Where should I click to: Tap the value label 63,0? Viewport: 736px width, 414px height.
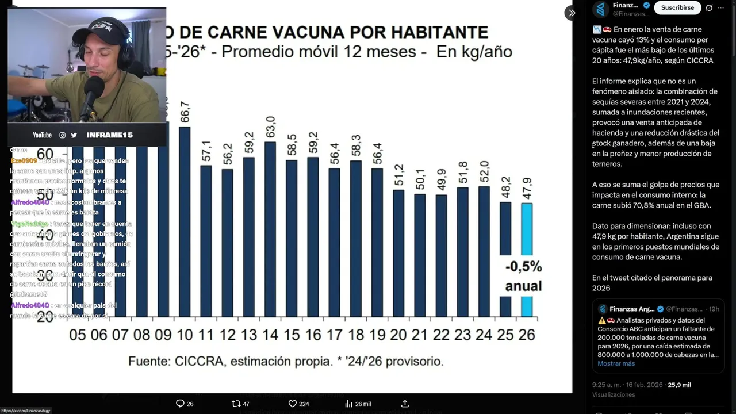tap(270, 127)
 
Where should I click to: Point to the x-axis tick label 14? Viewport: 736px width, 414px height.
tap(270, 335)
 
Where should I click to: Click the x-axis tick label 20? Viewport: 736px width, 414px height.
tap(398, 335)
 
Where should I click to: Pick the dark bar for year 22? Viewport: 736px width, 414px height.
tap(441, 256)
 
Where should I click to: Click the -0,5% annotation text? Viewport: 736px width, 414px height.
tap(523, 267)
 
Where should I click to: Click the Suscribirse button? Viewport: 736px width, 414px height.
tap(677, 7)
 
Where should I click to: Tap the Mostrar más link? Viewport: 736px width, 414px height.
tap(616, 363)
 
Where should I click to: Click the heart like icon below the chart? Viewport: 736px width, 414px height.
tap(292, 404)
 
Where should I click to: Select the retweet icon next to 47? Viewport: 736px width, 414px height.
tap(235, 404)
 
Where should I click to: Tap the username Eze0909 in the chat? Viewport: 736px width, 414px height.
tap(24, 161)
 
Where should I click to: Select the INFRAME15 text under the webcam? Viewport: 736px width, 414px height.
tap(109, 135)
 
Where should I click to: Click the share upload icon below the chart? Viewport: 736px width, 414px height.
tap(405, 404)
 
